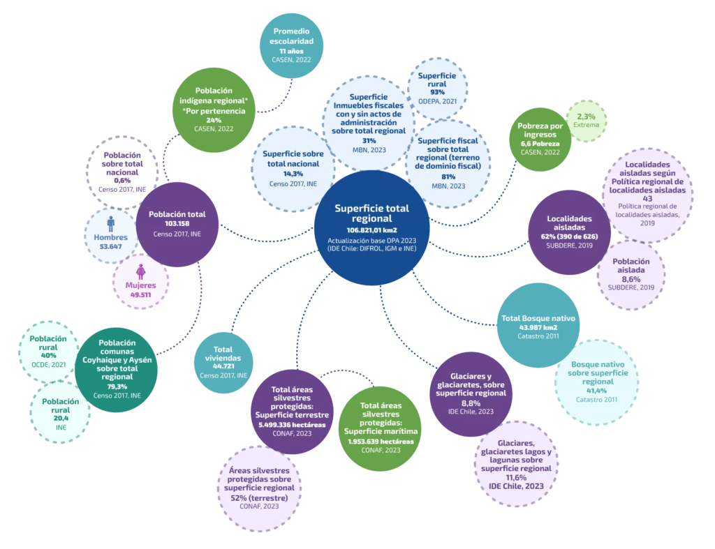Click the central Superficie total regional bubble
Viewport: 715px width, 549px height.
(x=371, y=225)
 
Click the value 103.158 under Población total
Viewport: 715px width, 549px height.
(x=177, y=224)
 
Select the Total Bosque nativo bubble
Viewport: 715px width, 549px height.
(x=538, y=326)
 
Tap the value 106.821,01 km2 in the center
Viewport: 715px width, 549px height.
(x=371, y=230)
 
